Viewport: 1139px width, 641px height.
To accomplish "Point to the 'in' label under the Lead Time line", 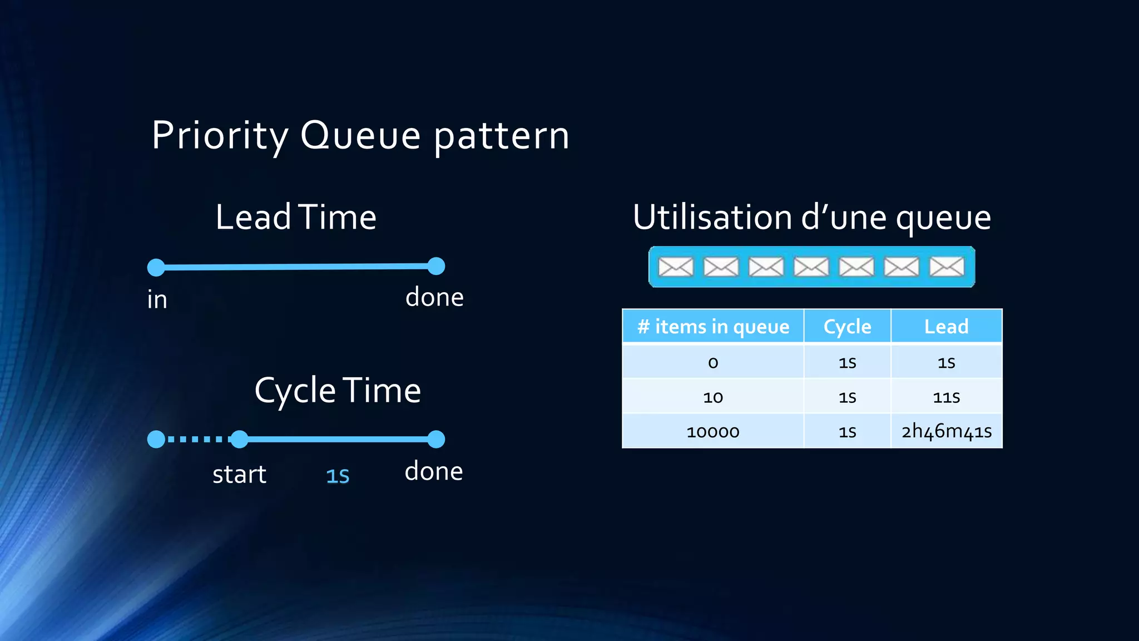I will click(157, 299).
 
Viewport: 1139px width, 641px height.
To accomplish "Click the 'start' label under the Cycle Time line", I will click(239, 474).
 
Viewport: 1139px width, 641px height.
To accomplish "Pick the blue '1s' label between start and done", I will click(338, 476).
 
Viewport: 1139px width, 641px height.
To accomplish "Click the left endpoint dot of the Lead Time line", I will click(156, 267).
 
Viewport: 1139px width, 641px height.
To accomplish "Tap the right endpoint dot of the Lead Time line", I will click(436, 266).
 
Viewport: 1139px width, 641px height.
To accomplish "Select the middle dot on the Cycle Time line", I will click(239, 439).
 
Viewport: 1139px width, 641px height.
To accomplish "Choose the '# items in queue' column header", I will click(713, 326).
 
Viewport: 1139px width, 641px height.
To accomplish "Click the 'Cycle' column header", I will click(847, 326).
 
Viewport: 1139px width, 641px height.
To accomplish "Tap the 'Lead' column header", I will click(946, 326).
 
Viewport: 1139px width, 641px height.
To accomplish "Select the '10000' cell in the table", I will click(713, 431).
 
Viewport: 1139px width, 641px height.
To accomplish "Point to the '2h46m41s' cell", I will click(946, 431).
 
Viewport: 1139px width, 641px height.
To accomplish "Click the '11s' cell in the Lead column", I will click(946, 397).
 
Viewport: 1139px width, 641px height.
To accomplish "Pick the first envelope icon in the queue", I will click(676, 267).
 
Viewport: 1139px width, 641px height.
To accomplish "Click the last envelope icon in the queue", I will click(947, 267).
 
